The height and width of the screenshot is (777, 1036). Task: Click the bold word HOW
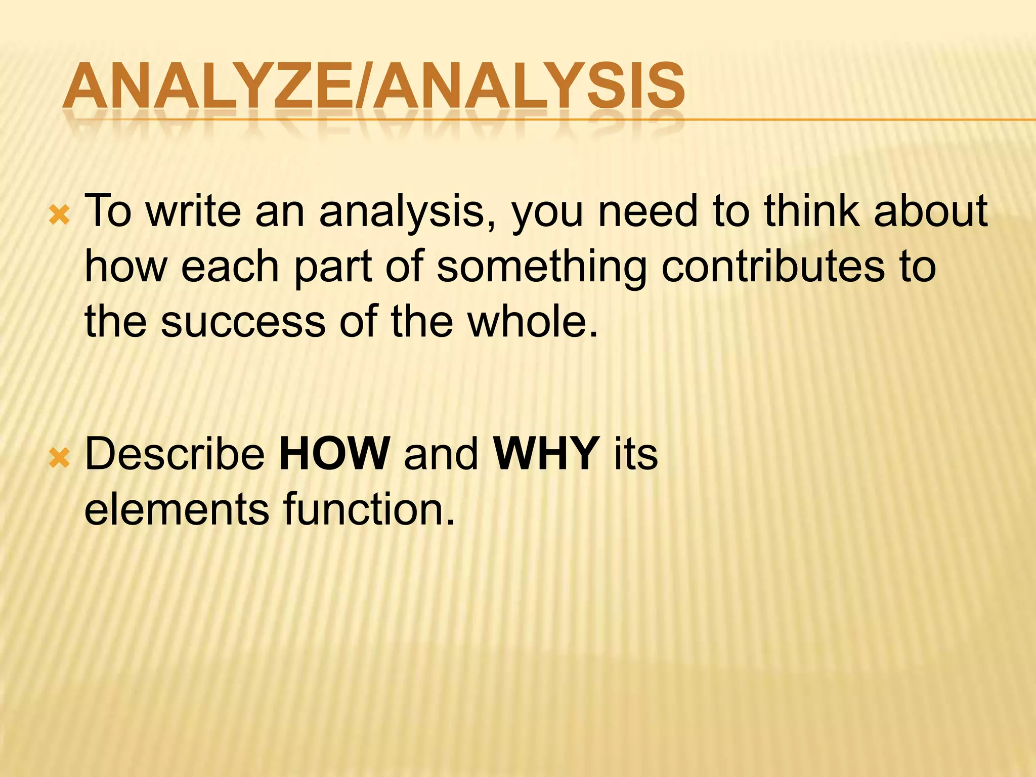(x=334, y=454)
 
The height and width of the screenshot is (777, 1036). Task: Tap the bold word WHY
(x=546, y=454)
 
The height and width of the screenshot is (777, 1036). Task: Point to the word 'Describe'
(x=175, y=454)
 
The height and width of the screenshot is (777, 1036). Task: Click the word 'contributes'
(x=772, y=267)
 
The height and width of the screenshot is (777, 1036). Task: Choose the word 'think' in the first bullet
(x=812, y=211)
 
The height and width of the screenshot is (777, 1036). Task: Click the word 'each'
(x=230, y=267)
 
